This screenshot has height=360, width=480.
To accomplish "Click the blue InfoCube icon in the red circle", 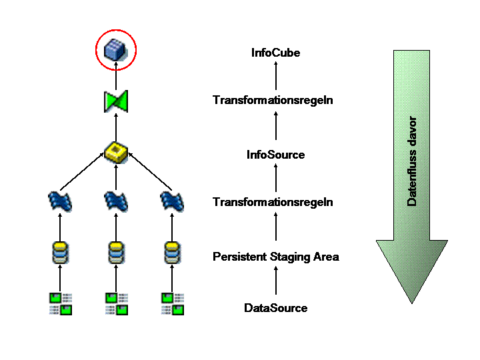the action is [115, 49].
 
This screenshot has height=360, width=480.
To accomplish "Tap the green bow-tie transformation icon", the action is [116, 101].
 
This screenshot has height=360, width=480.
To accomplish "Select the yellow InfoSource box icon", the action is [116, 152].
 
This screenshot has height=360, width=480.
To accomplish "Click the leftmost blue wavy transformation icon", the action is [60, 201].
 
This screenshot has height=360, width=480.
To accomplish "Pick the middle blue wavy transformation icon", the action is [116, 201].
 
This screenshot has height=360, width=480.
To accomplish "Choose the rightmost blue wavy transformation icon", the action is [172, 201].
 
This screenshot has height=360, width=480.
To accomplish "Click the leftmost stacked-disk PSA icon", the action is [60, 253].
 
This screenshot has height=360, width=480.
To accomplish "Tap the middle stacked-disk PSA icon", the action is [116, 253].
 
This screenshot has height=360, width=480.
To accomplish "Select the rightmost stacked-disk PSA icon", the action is [172, 253].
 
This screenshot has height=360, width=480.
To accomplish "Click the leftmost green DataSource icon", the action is [61, 304].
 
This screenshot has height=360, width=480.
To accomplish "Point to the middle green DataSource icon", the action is [117, 304].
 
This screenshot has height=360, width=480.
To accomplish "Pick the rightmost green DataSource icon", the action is [173, 304].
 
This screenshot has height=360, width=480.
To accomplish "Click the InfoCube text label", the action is [275, 53].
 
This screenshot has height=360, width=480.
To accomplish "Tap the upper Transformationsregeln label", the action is [273, 100].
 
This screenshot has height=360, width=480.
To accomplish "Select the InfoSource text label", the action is [275, 155].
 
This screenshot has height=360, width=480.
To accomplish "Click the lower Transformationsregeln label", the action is [273, 202].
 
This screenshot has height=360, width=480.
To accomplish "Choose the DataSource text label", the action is [275, 307].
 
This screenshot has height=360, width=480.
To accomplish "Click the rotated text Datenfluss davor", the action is [412, 161].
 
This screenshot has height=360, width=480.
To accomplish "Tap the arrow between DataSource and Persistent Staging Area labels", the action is [276, 281].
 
